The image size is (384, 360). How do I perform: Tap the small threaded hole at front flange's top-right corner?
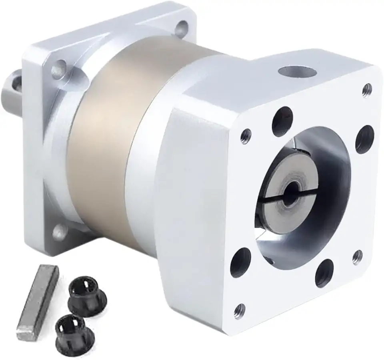367,90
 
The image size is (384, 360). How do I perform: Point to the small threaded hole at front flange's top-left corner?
245,135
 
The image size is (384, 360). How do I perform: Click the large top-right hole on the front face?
364,139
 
